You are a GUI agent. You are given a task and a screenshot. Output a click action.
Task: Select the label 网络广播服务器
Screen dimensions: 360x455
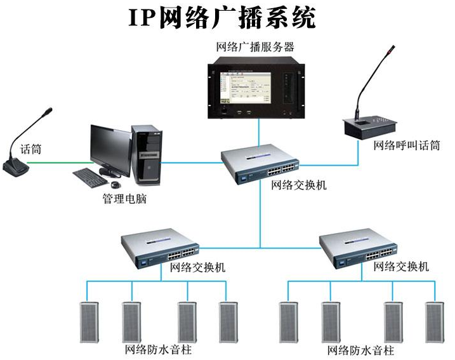coord(255,47)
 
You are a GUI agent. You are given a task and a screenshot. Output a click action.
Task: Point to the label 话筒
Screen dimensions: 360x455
coord(30,150)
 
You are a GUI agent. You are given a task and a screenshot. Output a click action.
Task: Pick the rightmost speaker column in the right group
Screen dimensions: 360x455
coord(434,322)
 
